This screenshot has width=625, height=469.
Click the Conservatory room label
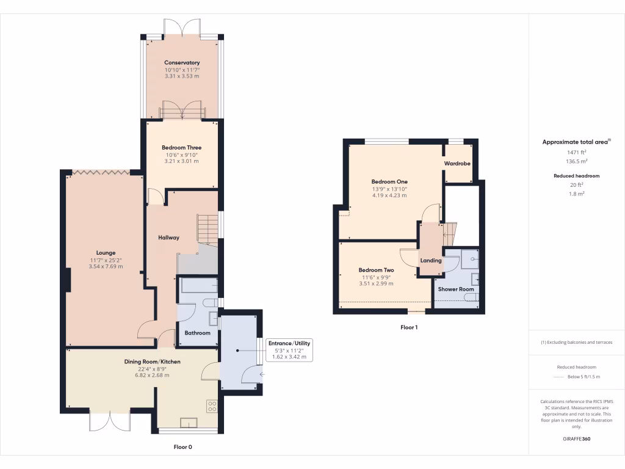coord(182,62)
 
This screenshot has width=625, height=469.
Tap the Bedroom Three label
coord(181,147)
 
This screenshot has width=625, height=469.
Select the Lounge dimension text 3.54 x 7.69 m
coord(106,266)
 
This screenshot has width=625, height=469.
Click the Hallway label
coord(168,238)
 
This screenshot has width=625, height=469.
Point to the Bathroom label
coord(197,333)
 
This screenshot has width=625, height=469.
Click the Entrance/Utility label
coord(289,343)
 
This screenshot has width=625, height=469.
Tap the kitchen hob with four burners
coord(212,405)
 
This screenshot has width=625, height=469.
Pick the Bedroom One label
coord(389,181)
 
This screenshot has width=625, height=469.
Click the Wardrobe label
coord(456,164)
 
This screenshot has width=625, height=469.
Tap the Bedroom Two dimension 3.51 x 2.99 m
coord(376,283)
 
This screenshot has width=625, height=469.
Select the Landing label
coord(431,261)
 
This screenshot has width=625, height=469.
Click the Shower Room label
coord(455,289)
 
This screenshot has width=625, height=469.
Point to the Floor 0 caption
coord(182,447)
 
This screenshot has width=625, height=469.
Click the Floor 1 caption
coord(409,327)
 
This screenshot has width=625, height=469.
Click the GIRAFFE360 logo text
coord(576,438)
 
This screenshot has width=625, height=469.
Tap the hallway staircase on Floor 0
coord(207,230)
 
